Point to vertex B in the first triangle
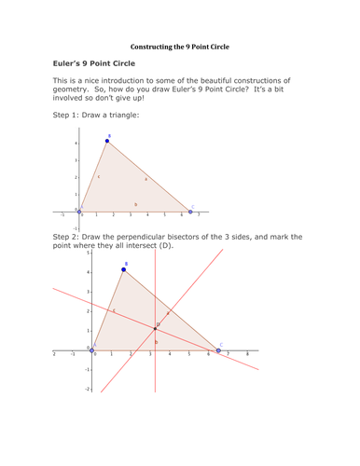coord(107,141)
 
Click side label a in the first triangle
coord(145,177)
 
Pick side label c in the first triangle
coord(98,175)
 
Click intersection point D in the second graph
coord(155,328)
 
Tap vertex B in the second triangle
coord(124,269)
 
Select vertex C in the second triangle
coord(220,349)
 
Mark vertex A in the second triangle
coord(91,349)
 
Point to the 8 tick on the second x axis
coord(246,355)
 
